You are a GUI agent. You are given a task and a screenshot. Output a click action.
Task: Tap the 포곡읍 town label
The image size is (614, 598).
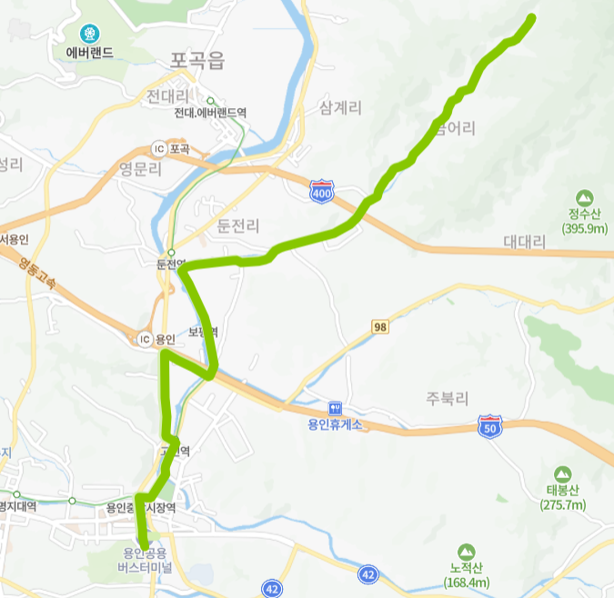(196, 61)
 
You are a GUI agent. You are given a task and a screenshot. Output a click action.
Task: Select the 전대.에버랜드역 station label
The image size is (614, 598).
(211, 113)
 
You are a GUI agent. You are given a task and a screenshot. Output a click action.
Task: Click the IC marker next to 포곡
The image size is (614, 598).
(159, 148)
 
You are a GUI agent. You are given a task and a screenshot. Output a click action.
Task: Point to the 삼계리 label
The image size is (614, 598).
(340, 108)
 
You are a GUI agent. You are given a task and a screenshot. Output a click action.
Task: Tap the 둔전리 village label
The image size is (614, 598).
(239, 225)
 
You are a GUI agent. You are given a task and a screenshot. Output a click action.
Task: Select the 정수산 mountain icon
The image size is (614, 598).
(585, 197)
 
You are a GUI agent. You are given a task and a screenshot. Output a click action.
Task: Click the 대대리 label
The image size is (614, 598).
(524, 243)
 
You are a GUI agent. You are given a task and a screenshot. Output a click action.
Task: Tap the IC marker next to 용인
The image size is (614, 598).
(144, 339)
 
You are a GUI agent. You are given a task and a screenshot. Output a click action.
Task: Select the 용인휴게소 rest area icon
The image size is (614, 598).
(335, 408)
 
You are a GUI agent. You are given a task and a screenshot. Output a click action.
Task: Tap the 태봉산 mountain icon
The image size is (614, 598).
(562, 473)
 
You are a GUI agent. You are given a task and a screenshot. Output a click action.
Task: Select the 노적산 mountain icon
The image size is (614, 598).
(467, 552)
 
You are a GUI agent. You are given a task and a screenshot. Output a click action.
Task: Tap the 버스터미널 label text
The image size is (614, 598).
(146, 568)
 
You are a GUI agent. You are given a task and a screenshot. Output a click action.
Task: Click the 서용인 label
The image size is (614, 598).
(15, 239)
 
